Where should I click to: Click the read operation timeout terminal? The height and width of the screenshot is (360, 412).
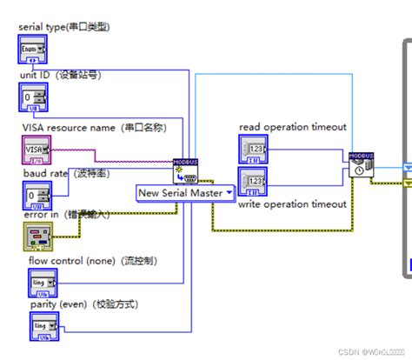[254, 150]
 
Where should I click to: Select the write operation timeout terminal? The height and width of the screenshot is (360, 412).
[254, 183]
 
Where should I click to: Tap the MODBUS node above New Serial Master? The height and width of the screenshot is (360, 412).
[186, 170]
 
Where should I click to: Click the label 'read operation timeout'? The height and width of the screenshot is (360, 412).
[292, 127]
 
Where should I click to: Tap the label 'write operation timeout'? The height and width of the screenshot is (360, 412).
[292, 204]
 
